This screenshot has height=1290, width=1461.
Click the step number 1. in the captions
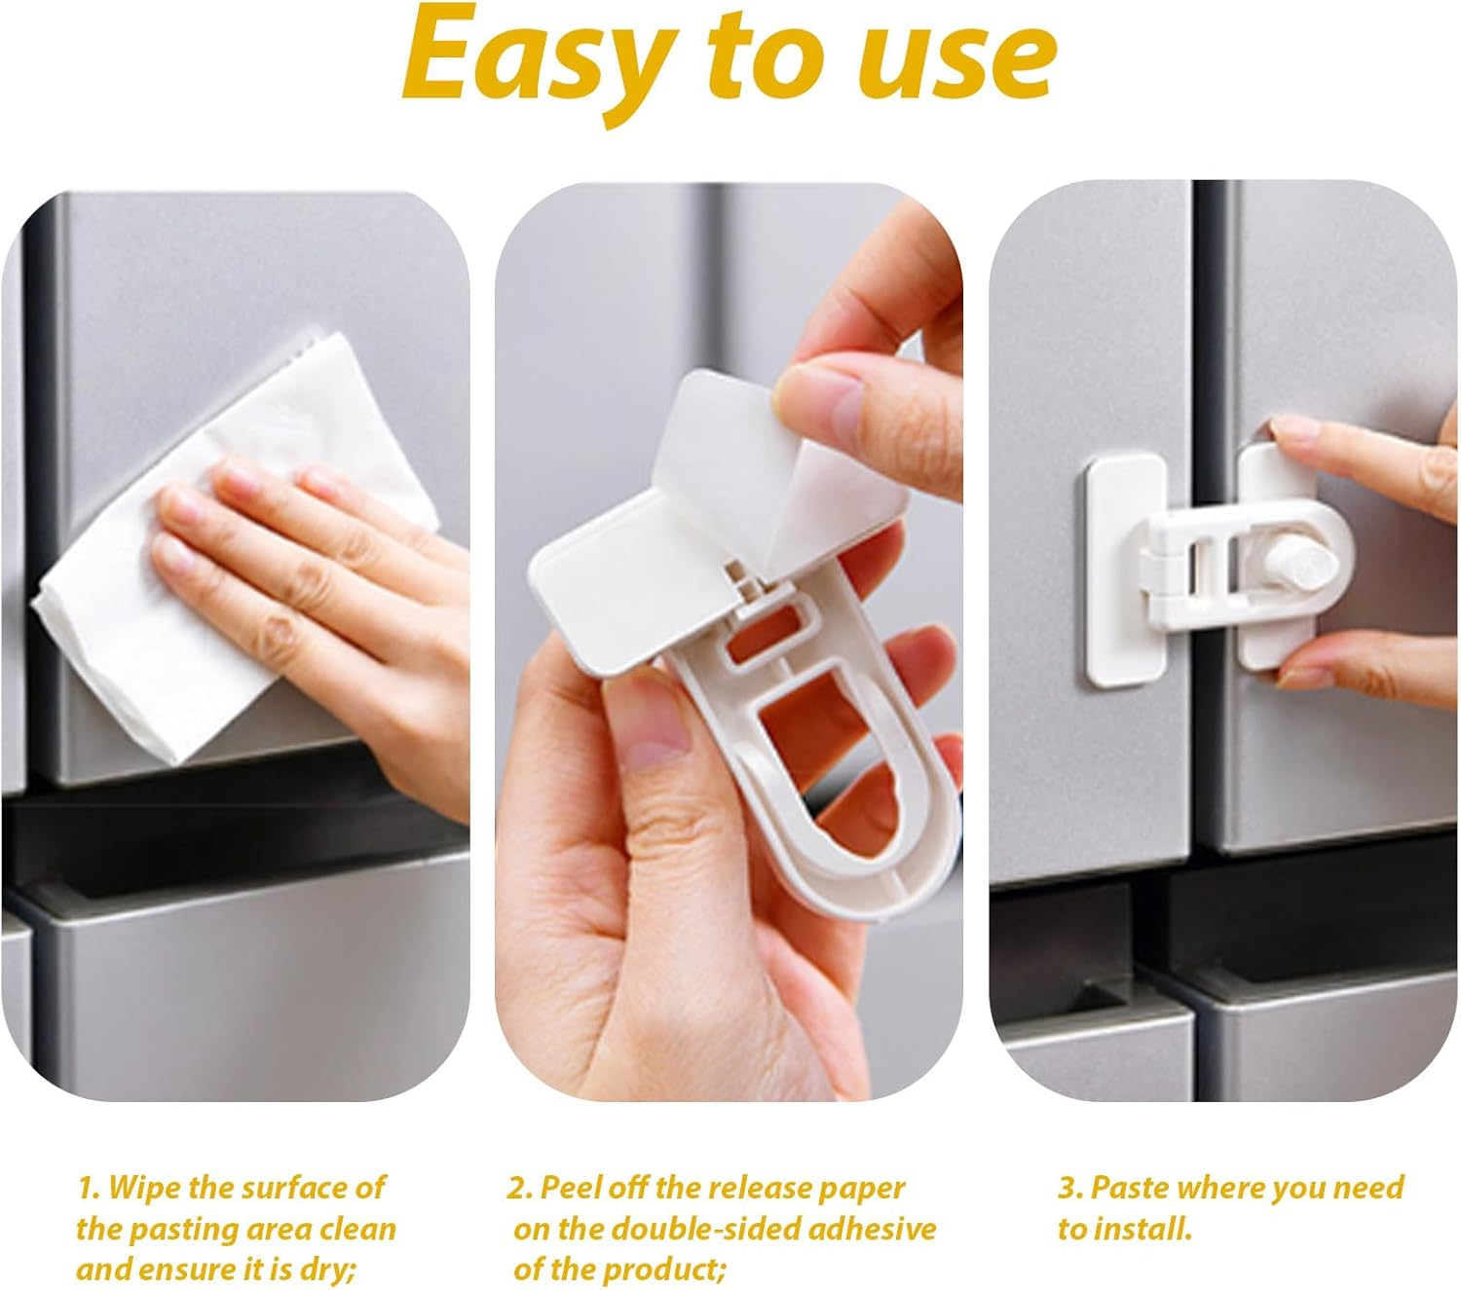[x=90, y=1188]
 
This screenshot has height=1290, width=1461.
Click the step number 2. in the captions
[x=520, y=1188]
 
